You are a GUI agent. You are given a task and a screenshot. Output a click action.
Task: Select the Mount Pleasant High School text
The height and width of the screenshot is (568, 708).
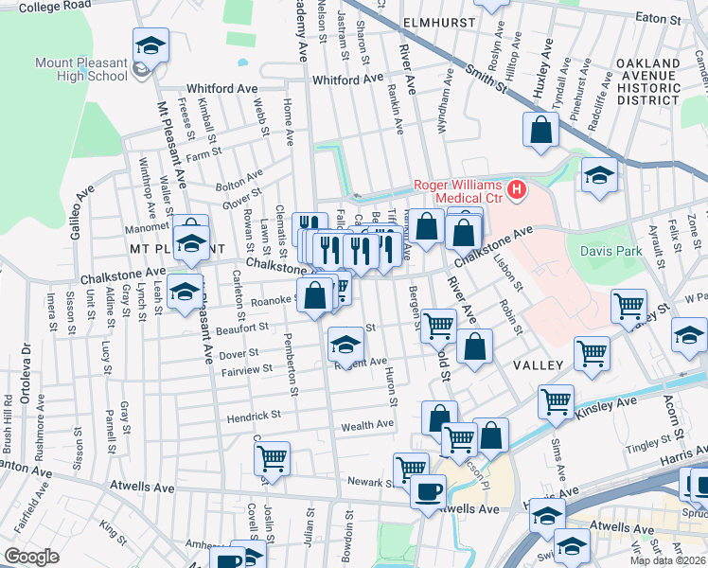pyautogui.click(x=80, y=69)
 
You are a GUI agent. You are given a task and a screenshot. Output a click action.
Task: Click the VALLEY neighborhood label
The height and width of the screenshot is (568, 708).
pyautogui.click(x=540, y=364)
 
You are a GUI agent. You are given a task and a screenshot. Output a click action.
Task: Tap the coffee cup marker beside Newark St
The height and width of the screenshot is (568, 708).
pyautogui.click(x=428, y=491)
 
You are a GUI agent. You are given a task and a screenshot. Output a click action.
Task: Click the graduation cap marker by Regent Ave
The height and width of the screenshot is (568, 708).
pyautogui.click(x=345, y=344)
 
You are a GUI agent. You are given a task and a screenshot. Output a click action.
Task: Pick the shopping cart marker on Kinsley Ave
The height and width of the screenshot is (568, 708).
pyautogui.click(x=556, y=399)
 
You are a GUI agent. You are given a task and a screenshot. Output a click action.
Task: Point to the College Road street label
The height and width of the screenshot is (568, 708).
pyautogui.click(x=54, y=5)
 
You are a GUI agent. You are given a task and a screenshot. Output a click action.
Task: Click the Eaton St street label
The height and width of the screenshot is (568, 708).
pyautogui.click(x=659, y=18)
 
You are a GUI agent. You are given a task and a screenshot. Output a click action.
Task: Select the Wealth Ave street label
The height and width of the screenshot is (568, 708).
pyautogui.click(x=367, y=426)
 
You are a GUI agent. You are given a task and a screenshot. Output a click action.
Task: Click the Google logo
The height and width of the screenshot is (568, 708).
pyautogui.click(x=31, y=557)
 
